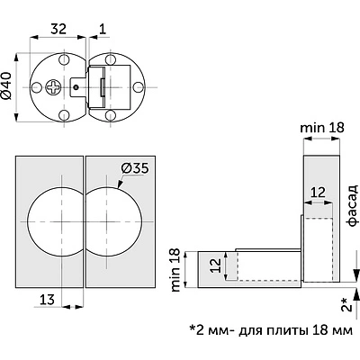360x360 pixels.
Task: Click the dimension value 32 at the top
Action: [58, 29]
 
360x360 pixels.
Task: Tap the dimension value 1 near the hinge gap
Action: [103, 29]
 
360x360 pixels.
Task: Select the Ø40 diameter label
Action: [7, 86]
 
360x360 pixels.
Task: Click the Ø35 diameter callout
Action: [135, 168]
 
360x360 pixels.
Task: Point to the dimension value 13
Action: [48, 300]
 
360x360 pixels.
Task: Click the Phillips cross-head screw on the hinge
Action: [53, 87]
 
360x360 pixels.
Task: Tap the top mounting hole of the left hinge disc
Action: [64, 59]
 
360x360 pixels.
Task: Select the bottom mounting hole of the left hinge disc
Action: [64, 115]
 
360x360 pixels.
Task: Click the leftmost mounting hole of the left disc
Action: [36, 87]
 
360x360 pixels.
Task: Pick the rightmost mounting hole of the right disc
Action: [139, 87]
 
